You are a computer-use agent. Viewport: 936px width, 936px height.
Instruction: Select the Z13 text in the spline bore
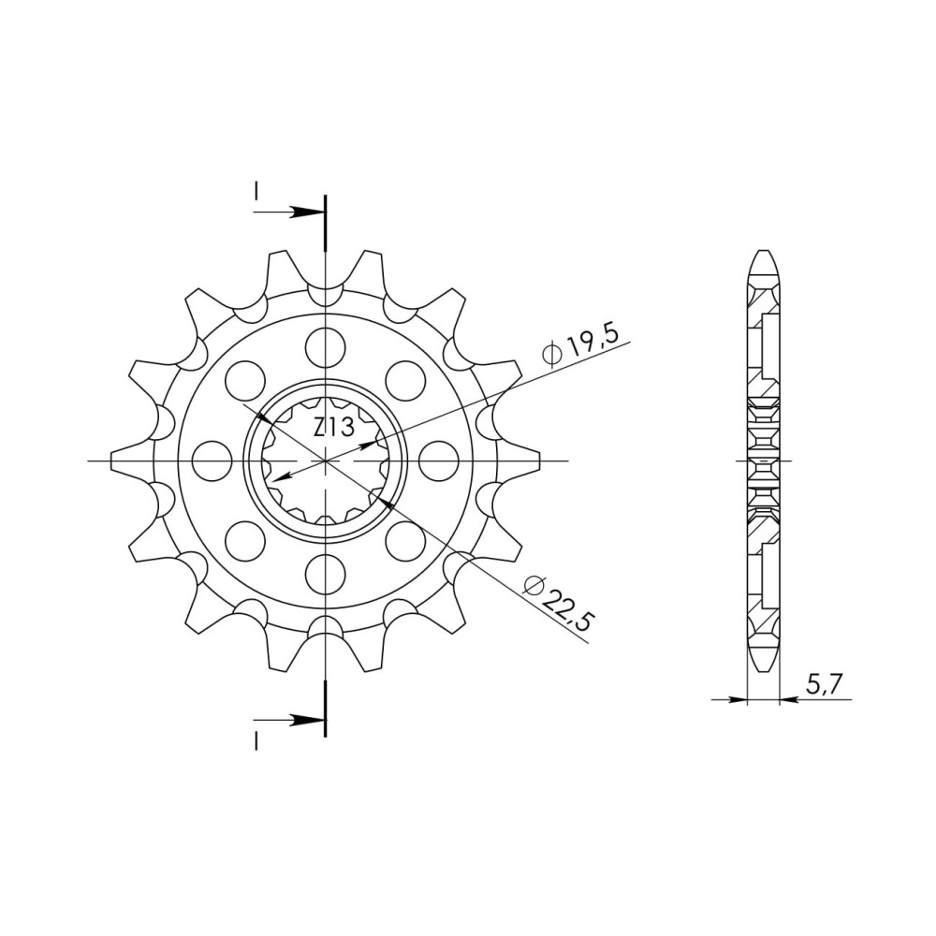334,428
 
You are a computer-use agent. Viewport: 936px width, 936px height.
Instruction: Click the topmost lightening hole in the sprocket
326,346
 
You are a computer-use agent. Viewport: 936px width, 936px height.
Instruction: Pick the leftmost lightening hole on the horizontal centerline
212,461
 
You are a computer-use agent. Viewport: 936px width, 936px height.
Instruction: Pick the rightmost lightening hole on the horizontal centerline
439,461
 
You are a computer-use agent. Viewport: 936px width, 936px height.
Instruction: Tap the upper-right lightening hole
406,380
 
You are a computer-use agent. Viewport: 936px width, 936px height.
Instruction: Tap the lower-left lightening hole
245,541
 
